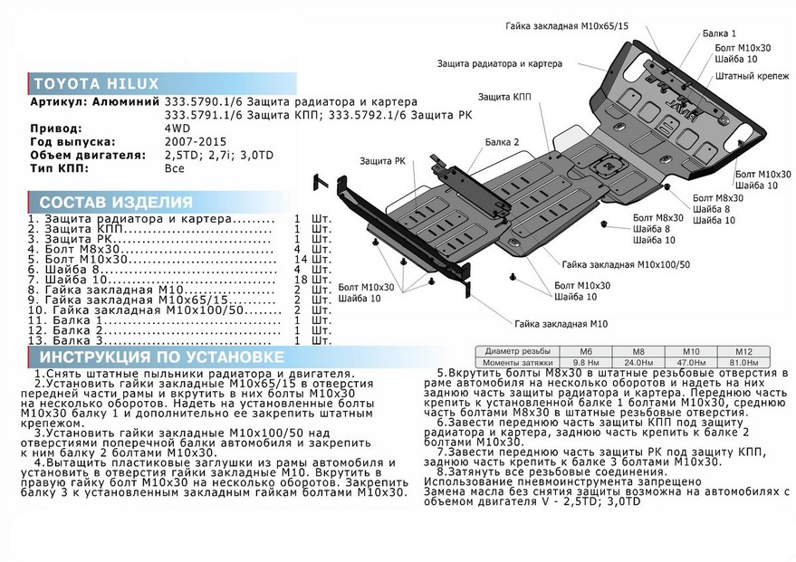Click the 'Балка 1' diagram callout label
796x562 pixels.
[719, 33]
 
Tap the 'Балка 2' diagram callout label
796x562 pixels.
[503, 142]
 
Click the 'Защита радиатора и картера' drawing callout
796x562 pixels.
[499, 64]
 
